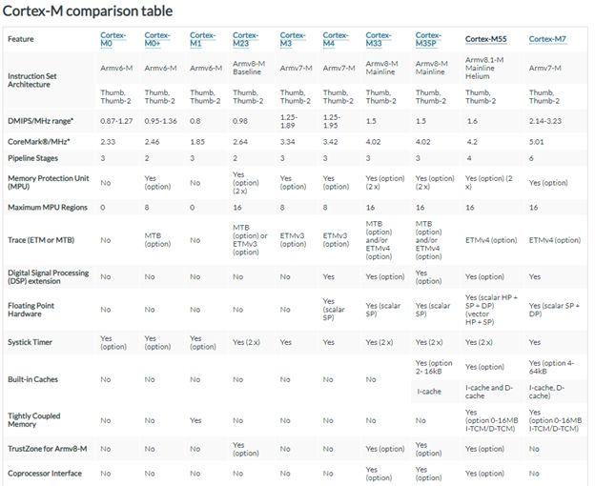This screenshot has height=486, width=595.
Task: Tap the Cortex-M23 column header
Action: [x=244, y=39]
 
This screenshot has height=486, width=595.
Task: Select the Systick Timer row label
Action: [x=30, y=340]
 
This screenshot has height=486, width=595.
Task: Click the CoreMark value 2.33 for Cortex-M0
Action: [x=108, y=140]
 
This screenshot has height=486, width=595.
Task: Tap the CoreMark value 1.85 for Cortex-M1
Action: [x=197, y=140]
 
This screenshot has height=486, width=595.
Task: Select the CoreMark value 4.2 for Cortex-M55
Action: [x=471, y=140]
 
